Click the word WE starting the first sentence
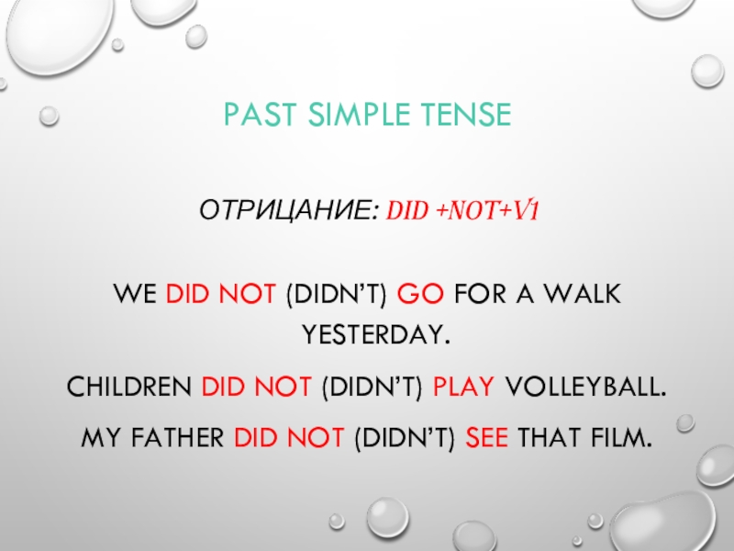[x=134, y=296]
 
